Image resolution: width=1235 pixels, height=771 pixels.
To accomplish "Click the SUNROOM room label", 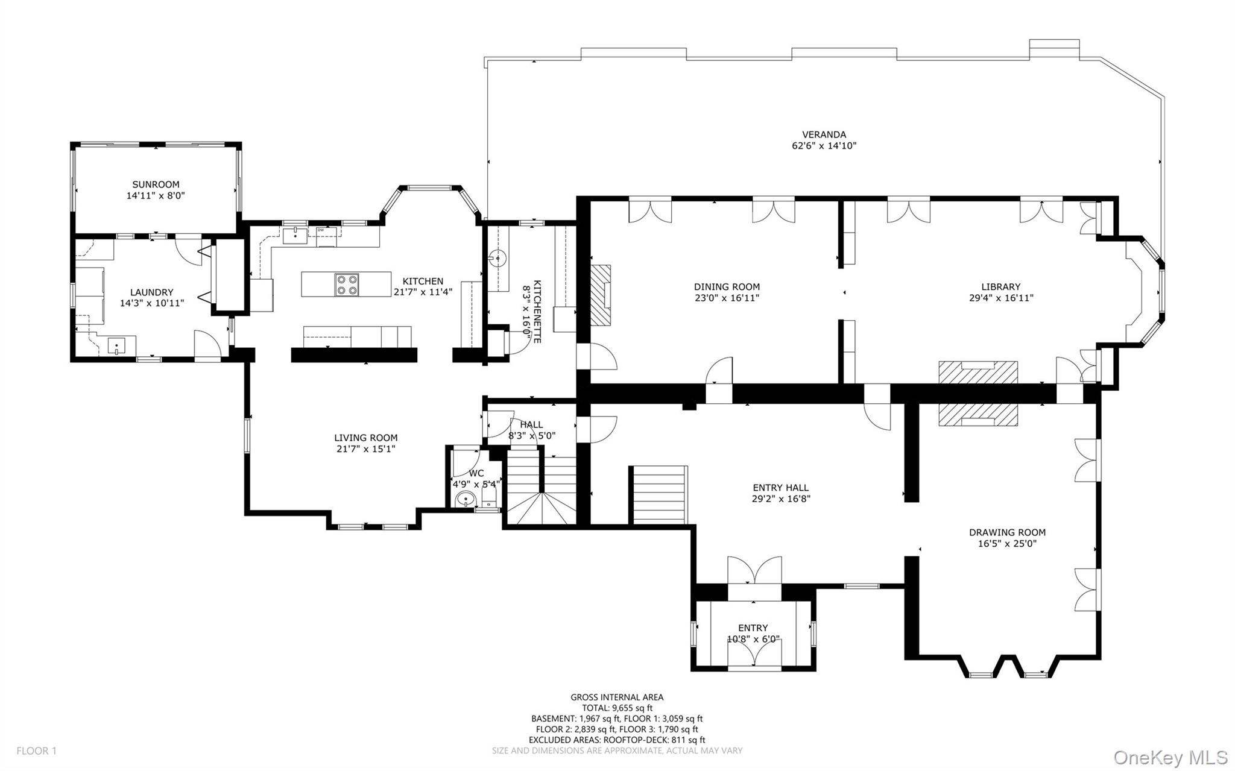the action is tap(156, 184).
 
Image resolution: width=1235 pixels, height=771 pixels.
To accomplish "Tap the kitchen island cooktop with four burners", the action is tap(347, 284).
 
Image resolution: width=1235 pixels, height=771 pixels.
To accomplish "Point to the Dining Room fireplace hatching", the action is tap(600, 295).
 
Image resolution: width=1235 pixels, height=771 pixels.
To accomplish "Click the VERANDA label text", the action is tap(824, 134).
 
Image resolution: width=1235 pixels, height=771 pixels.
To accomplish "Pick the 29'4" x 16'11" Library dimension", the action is tap(1000, 298).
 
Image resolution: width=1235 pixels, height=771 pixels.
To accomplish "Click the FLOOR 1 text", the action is tap(36, 751).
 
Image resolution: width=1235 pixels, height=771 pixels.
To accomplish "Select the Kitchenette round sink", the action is tap(497, 259).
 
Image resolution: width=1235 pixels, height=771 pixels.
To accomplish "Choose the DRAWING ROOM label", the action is tap(1007, 532).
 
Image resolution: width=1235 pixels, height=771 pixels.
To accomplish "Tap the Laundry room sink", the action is tap(116, 346).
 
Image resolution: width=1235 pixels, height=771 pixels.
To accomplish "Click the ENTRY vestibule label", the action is tap(753, 628).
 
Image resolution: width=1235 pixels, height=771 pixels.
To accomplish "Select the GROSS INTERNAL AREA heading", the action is tap(617, 697).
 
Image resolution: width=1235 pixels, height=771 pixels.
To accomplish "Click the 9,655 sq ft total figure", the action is tap(631, 708).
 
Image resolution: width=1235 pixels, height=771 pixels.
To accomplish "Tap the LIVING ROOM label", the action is tap(366, 438).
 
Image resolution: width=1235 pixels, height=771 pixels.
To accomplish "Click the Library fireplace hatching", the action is tap(978, 372).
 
